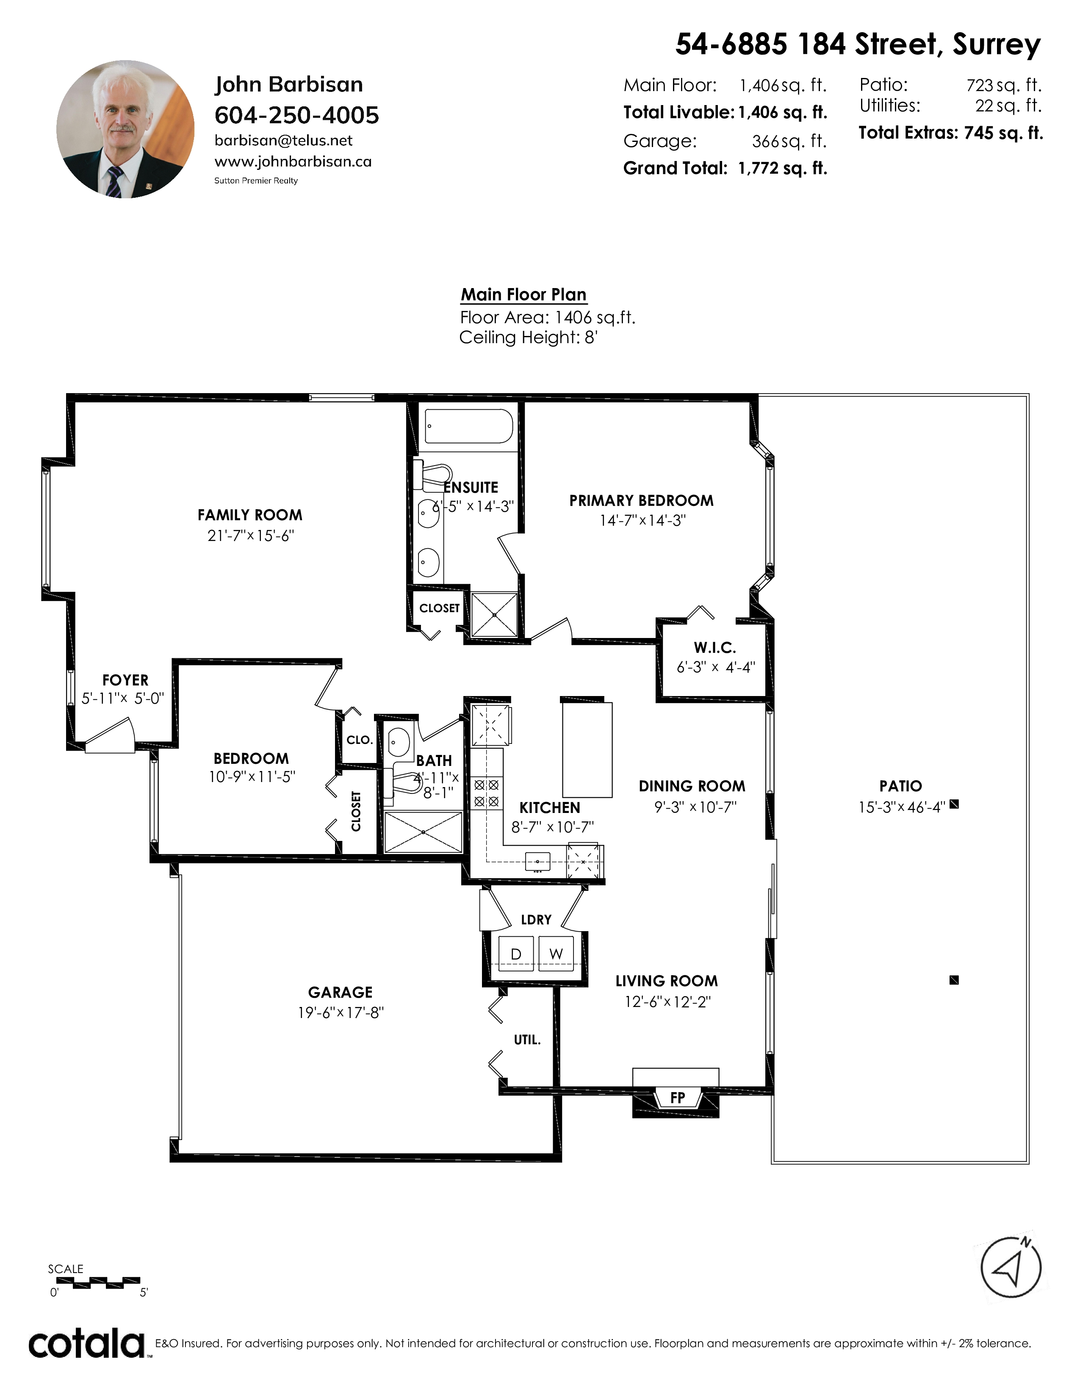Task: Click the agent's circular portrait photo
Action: click(125, 129)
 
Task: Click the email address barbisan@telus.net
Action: click(283, 141)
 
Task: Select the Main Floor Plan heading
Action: click(523, 294)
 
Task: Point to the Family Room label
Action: click(249, 515)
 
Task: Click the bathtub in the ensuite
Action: click(469, 426)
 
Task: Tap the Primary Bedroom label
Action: click(641, 501)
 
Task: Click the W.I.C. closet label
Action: click(715, 648)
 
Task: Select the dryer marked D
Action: click(516, 954)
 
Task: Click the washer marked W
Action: click(556, 954)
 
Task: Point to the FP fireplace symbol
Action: click(676, 1098)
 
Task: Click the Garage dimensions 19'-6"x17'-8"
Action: click(341, 1012)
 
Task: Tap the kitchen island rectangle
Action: click(587, 749)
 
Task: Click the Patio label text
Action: click(900, 786)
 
